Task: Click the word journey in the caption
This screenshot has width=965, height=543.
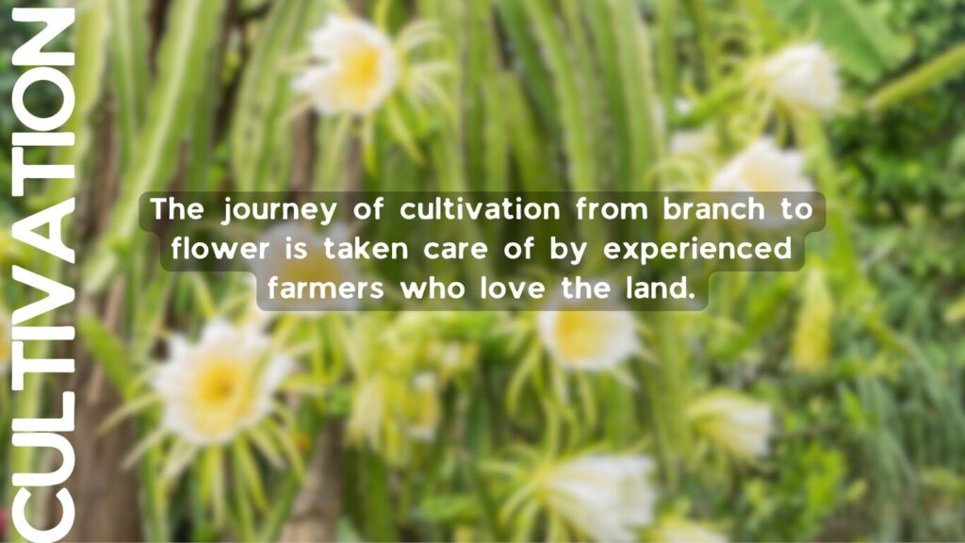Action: click(x=279, y=210)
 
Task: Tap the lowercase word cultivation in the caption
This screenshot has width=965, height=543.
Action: click(x=480, y=208)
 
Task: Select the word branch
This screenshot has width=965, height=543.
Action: click(x=714, y=208)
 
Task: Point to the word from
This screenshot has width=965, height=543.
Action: click(x=612, y=208)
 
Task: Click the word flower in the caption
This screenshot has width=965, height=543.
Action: click(x=221, y=248)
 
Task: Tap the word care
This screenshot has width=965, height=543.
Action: click(x=456, y=250)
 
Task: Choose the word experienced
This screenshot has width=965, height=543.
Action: click(x=697, y=250)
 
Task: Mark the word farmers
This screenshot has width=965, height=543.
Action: click(x=325, y=288)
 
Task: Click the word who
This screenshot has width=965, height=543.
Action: click(x=433, y=288)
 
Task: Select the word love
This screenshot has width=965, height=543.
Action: click(x=513, y=288)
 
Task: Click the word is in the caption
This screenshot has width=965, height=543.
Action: click(x=297, y=248)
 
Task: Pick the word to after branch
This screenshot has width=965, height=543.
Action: click(x=796, y=209)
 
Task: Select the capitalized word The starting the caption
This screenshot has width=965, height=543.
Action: click(x=177, y=208)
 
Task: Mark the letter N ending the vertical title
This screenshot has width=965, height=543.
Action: click(x=43, y=37)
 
